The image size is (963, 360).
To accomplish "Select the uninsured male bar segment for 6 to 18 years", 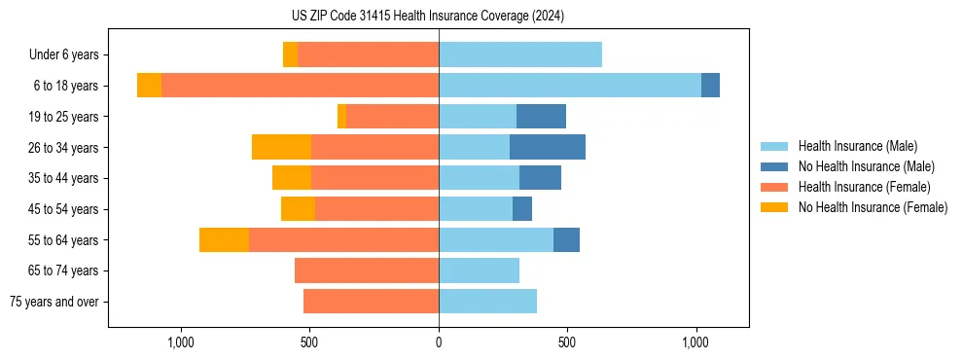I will click(x=710, y=86).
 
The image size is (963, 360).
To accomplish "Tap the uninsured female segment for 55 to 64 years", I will click(x=224, y=239).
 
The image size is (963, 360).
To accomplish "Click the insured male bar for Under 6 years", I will click(x=520, y=54).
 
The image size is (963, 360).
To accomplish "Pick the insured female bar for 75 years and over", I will click(x=371, y=302).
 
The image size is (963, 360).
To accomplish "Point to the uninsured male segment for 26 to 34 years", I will click(x=548, y=147).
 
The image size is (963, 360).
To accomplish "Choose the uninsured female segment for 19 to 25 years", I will click(x=341, y=117).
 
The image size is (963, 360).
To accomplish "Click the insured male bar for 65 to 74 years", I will click(x=479, y=270).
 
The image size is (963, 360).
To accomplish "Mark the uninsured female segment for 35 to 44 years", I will click(x=292, y=178).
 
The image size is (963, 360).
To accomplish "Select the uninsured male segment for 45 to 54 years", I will click(x=522, y=209).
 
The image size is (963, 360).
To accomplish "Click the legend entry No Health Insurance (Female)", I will click(x=873, y=207).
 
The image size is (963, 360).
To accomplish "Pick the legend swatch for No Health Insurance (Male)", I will click(x=775, y=166).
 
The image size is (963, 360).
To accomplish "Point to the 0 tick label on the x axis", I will click(x=439, y=342).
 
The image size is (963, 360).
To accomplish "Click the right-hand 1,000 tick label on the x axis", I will click(x=695, y=342).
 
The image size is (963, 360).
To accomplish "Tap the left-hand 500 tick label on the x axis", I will click(x=309, y=342).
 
